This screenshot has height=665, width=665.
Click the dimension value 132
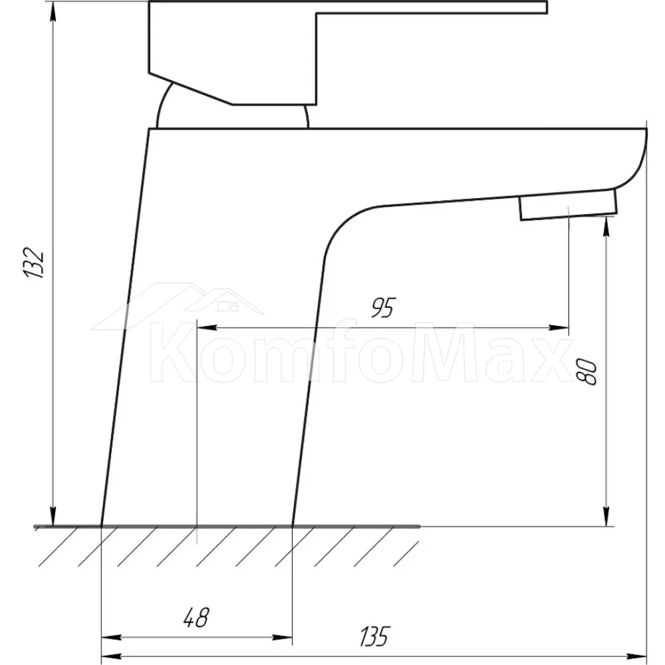click(x=33, y=262)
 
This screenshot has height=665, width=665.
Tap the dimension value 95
click(x=383, y=307)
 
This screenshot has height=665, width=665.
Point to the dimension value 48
click(x=196, y=618)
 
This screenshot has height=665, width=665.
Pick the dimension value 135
click(x=374, y=636)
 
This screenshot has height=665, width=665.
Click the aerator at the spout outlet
click(x=569, y=205)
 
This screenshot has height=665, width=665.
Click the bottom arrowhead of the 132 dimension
click(x=53, y=516)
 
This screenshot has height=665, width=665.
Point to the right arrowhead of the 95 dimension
click(x=558, y=327)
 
